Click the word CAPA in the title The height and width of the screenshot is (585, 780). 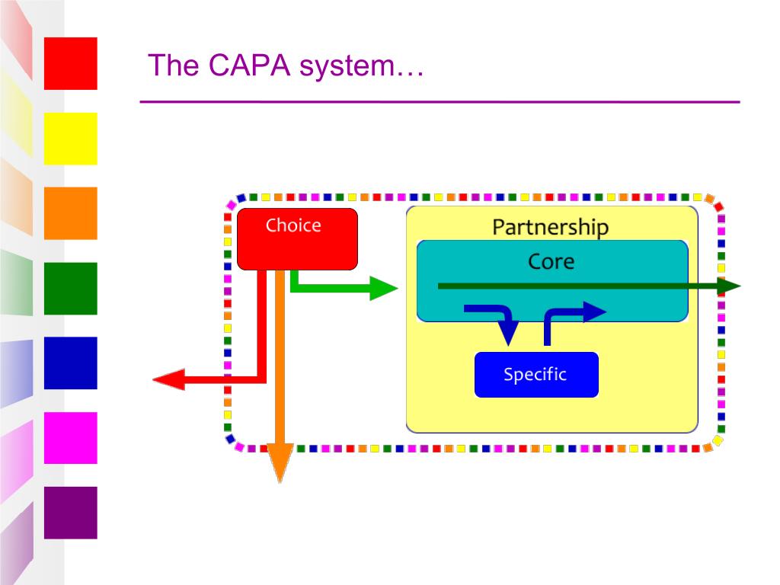[x=249, y=66]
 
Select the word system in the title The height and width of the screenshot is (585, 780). [x=347, y=66]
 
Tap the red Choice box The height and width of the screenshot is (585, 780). [x=298, y=239]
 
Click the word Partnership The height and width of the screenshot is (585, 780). [x=550, y=227]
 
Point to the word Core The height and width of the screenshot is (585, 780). [x=551, y=261]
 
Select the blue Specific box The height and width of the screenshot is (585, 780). [x=536, y=375]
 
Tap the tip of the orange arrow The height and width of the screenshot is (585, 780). [x=280, y=482]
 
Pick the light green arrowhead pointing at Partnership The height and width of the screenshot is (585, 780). [x=384, y=288]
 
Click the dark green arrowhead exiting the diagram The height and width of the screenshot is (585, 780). [x=729, y=286]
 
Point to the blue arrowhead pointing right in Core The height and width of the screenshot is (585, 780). [x=594, y=312]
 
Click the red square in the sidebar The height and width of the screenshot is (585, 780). [x=71, y=64]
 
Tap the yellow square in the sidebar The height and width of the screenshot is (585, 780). [x=71, y=139]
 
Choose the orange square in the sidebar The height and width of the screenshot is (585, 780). [x=71, y=213]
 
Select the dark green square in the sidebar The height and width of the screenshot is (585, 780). [x=71, y=289]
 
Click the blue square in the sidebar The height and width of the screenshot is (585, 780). [x=71, y=363]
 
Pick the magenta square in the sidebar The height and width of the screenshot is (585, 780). [x=71, y=438]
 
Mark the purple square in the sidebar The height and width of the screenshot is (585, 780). [x=71, y=513]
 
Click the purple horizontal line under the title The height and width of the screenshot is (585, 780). [x=440, y=102]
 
